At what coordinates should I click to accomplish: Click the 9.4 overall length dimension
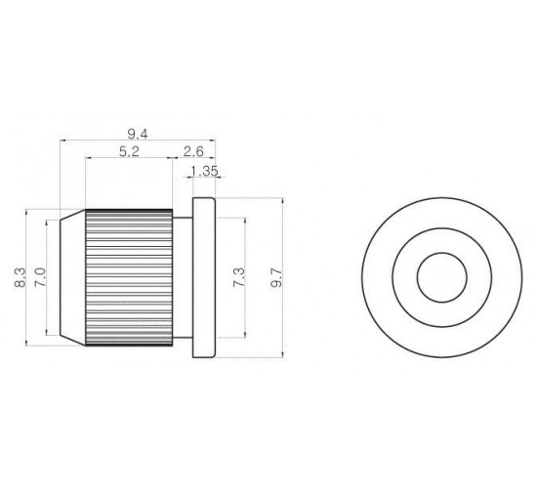[x=138, y=134]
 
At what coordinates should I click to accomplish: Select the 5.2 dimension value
[x=129, y=151]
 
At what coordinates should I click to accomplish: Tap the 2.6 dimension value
[x=193, y=151]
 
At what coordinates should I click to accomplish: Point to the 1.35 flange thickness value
[x=204, y=171]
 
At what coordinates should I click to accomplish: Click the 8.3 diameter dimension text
[x=21, y=277]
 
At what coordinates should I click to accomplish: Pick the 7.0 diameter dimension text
[x=40, y=277]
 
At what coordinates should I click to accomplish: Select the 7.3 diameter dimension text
[x=238, y=277]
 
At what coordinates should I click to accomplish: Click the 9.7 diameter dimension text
[x=276, y=277]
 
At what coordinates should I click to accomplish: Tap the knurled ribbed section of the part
[x=129, y=277]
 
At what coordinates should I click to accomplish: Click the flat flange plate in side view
[x=204, y=277]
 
